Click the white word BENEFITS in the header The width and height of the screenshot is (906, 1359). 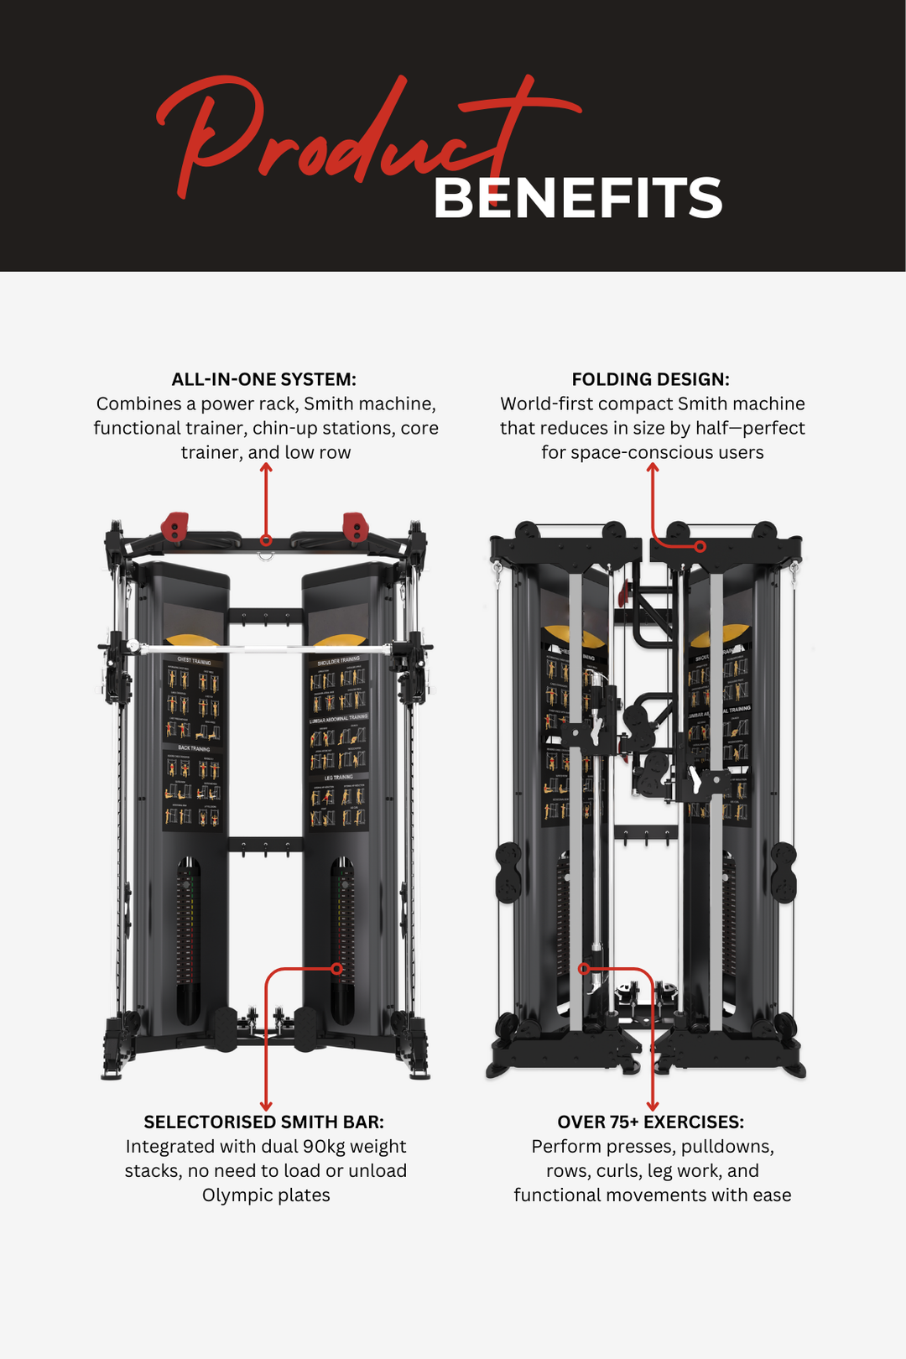577,199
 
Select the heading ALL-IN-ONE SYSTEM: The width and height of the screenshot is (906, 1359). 264,379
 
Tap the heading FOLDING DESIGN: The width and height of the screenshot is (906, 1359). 651,379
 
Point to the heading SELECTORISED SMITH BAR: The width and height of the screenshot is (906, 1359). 264,1122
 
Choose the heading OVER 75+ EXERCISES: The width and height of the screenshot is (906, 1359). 651,1122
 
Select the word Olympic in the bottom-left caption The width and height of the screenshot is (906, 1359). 231,1195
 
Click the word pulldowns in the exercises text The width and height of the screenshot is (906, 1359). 726,1147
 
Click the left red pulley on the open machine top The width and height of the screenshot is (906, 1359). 174,527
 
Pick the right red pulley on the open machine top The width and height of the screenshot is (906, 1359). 356,527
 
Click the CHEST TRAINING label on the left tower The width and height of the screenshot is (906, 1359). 194,661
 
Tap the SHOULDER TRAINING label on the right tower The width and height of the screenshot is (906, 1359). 338,661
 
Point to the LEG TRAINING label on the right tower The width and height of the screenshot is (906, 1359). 338,778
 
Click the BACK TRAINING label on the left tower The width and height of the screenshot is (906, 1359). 194,748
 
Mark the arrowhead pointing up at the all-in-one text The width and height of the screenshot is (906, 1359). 266,468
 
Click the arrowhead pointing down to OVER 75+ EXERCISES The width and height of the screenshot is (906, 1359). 653,1106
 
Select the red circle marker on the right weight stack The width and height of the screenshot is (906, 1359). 336,969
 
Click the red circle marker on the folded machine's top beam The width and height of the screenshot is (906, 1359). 700,546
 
